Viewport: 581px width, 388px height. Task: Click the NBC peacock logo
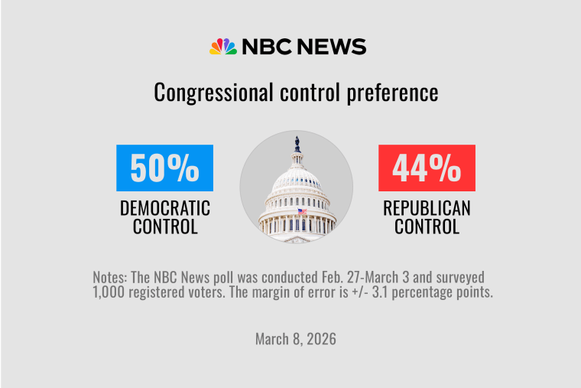coord(223,47)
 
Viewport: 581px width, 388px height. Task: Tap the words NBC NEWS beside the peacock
coord(304,47)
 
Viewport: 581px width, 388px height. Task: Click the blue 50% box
coord(164,168)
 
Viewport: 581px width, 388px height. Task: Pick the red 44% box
coord(427,168)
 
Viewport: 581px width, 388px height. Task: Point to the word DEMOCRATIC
coord(164,208)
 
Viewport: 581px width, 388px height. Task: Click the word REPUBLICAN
coord(427,208)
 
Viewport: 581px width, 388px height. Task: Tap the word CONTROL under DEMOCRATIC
coord(164,227)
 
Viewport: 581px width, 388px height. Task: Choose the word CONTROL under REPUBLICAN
coord(427,227)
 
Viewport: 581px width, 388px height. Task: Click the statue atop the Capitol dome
coord(297,144)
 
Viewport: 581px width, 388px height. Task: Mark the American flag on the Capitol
coord(301,210)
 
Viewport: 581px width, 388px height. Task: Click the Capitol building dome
coord(297,180)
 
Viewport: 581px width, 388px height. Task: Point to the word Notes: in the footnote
coord(112,276)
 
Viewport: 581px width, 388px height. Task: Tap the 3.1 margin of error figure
coord(405,292)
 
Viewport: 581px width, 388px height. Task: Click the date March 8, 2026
coord(296,338)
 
